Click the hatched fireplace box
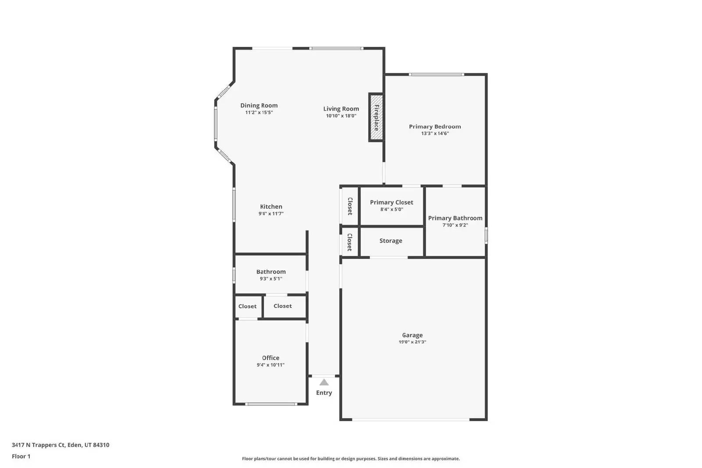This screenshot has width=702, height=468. click(376, 117)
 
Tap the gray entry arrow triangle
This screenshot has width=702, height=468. click(324, 382)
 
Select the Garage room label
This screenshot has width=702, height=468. click(412, 335)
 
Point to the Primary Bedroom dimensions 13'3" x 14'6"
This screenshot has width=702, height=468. click(435, 133)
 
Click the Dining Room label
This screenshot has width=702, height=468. click(259, 105)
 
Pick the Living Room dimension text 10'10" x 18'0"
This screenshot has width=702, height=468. click(341, 116)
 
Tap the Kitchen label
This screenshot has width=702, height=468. click(271, 207)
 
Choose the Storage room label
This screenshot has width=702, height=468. click(390, 241)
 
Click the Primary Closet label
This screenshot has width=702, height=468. click(391, 202)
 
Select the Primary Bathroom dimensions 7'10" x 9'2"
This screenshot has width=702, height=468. click(455, 225)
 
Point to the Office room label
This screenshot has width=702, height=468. click(271, 358)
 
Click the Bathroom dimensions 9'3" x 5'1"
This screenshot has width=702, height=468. click(271, 279)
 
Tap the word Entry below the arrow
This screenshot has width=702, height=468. click(324, 393)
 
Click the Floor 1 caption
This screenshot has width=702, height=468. click(21, 456)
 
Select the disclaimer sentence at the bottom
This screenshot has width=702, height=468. click(351, 459)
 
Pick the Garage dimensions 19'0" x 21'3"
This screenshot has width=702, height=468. click(412, 342)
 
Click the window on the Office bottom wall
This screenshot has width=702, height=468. click(270, 404)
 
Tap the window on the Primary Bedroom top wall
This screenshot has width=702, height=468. click(436, 75)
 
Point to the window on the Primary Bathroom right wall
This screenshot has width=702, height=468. click(486, 235)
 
